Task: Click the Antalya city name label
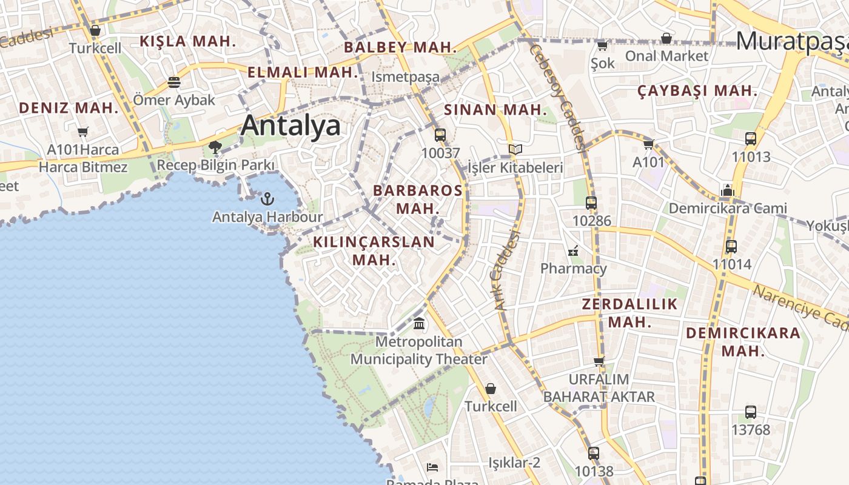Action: pos(290,125)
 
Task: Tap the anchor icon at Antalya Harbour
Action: pos(267,198)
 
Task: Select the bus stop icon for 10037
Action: pos(440,135)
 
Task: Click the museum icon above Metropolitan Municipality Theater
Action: pos(419,323)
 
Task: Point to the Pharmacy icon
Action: pos(573,251)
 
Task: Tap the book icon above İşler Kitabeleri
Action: pos(515,149)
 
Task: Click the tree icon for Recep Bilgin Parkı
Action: pos(215,147)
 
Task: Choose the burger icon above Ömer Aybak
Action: pos(174,82)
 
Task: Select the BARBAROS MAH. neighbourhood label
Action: pos(417,199)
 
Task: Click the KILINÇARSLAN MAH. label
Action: pos(374,250)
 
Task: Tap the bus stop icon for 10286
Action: pos(591,203)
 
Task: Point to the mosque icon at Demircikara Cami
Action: pos(728,191)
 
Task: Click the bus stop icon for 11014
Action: pos(731,247)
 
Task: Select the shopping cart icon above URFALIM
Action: pos(599,362)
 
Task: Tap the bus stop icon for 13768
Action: pos(751,412)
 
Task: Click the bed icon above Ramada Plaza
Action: pos(432,467)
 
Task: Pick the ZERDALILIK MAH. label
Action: pos(629,313)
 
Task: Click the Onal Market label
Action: pos(666,56)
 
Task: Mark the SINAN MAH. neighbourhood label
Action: pos(495,110)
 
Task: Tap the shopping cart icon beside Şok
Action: pos(602,46)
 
